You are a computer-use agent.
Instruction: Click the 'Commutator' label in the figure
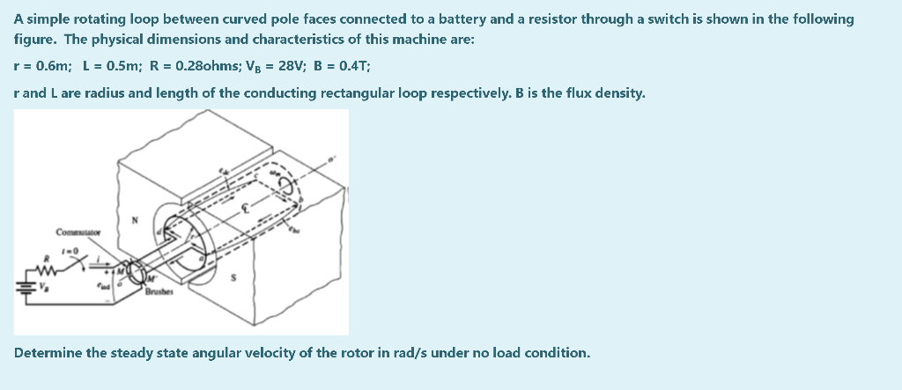point(79,232)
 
